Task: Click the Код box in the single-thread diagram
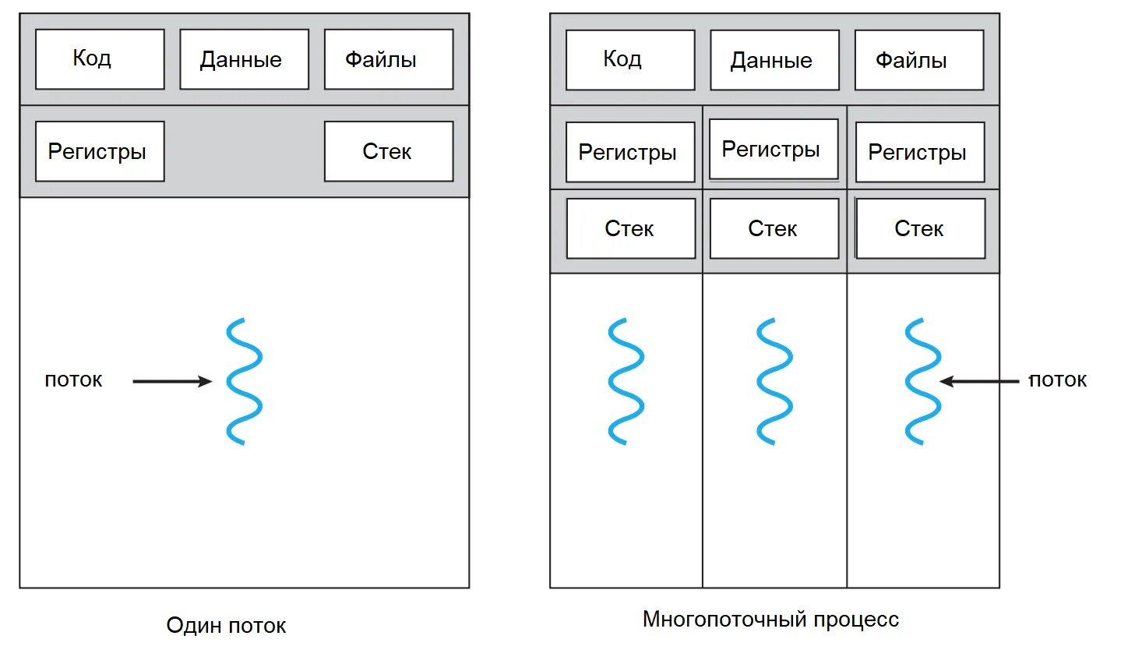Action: (100, 59)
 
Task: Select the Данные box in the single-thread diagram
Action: (244, 59)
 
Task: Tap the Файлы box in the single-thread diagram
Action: (388, 59)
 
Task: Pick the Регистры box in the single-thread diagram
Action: (100, 151)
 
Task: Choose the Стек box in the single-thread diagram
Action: (388, 151)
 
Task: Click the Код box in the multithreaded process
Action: (629, 60)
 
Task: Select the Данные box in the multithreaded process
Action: (774, 60)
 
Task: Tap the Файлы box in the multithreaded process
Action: (918, 60)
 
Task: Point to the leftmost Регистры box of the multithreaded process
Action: (629, 152)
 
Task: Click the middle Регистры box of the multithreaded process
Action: (774, 149)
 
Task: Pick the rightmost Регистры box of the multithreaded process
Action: (919, 152)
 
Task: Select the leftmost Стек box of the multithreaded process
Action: (630, 228)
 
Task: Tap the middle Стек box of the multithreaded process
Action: (774, 228)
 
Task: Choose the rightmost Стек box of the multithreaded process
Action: (920, 228)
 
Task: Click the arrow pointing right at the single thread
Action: (171, 381)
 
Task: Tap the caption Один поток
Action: (226, 625)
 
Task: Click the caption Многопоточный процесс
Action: (770, 620)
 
